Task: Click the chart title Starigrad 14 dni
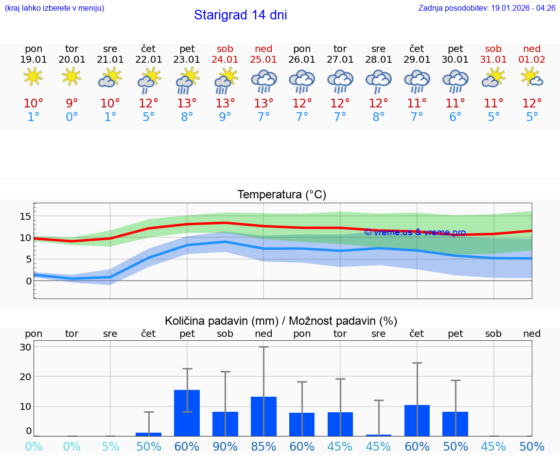tap(240, 15)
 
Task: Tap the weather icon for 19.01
tap(33, 77)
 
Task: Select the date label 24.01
tap(225, 60)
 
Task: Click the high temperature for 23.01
tap(187, 103)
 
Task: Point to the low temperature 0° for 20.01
tap(72, 117)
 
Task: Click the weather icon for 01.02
tap(532, 77)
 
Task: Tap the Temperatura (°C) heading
tap(281, 195)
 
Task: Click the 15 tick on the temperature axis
tap(25, 216)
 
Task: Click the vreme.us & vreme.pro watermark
tap(415, 232)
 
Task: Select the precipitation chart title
tap(281, 321)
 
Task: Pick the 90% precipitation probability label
tap(225, 447)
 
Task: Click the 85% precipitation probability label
tap(263, 447)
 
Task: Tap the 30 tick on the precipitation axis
tap(25, 347)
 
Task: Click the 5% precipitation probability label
tap(110, 447)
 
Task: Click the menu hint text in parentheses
tap(54, 8)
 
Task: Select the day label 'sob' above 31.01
tap(493, 49)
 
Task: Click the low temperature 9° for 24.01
tap(225, 117)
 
